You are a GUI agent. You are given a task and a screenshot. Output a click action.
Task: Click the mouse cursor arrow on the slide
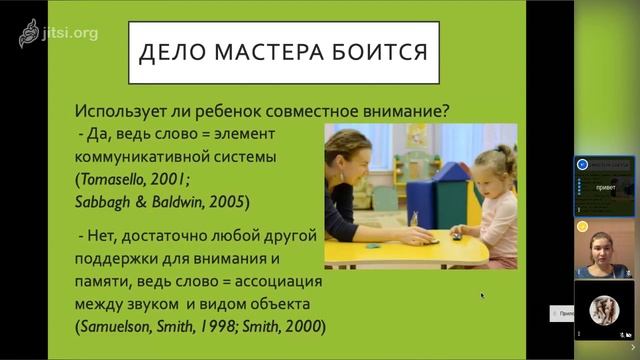(x=482, y=295)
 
